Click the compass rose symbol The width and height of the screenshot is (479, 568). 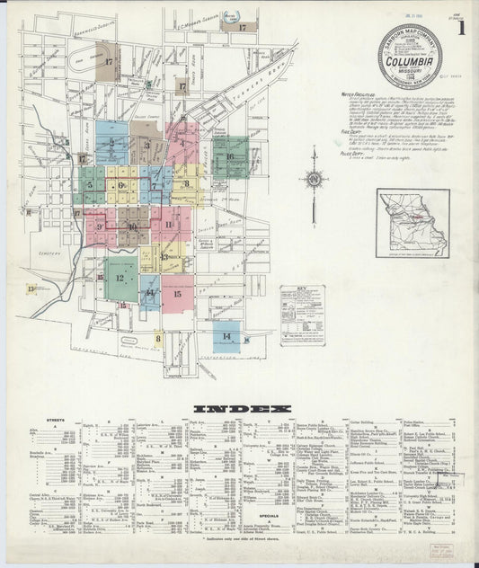coord(314,179)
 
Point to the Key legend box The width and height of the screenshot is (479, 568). coord(302,315)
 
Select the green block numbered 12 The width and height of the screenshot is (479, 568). coord(120,279)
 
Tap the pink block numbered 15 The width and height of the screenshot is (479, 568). coord(177,293)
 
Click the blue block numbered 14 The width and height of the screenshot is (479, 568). coord(227,336)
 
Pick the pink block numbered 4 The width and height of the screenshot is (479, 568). coord(182,142)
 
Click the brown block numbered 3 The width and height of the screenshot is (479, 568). coord(146,145)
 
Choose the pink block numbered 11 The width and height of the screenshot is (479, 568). coord(169,224)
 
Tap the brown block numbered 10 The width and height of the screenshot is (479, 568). coord(132,227)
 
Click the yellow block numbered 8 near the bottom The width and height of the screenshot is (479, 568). coord(158,339)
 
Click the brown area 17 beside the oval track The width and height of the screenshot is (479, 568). coord(109,62)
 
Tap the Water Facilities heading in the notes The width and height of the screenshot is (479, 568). coord(359,93)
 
